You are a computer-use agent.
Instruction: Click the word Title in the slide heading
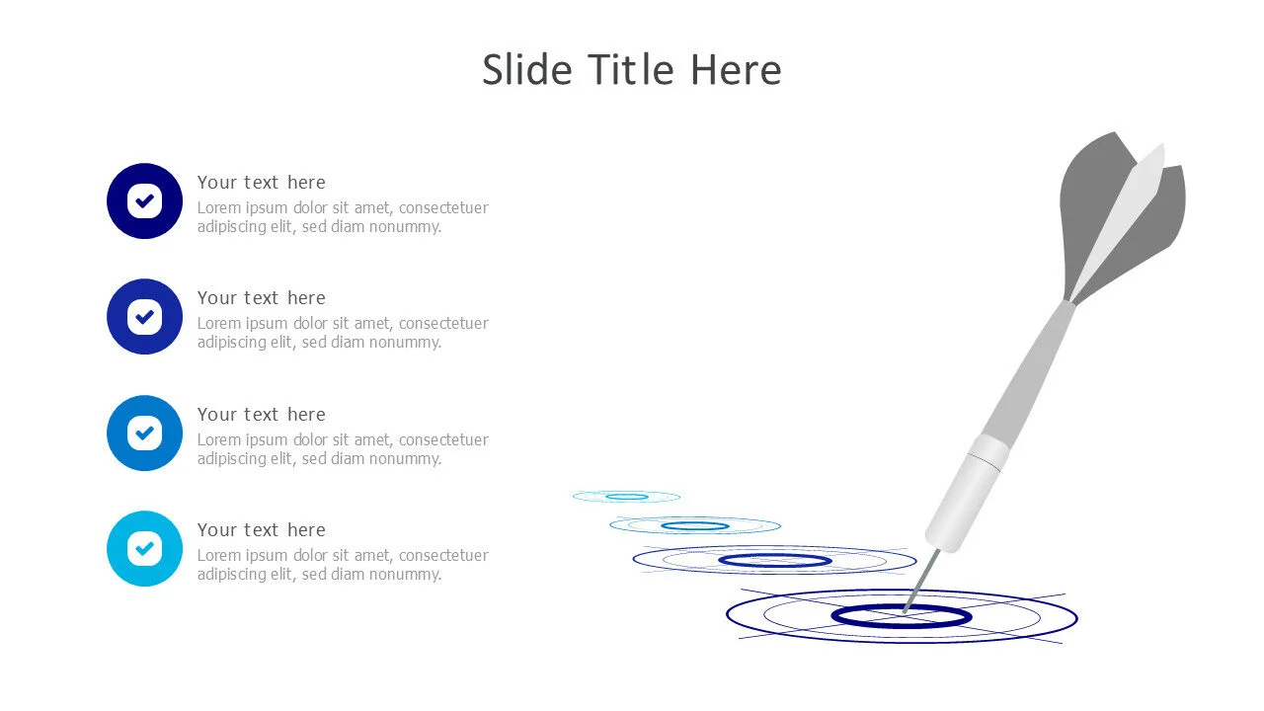[x=632, y=70]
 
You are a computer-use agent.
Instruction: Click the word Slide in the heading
[x=527, y=70]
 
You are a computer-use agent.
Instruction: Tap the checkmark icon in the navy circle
[x=144, y=200]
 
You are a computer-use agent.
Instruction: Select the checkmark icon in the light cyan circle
[x=144, y=548]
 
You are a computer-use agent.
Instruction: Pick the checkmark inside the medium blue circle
[x=144, y=433]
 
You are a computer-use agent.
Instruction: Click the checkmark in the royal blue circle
[x=144, y=317]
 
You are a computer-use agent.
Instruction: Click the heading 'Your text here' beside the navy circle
[x=262, y=183]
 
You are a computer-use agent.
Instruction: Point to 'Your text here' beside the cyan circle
[x=262, y=530]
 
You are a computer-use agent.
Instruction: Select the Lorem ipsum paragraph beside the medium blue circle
[x=343, y=449]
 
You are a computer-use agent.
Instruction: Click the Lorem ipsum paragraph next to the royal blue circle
[x=343, y=333]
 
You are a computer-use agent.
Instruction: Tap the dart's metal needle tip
[x=905, y=611]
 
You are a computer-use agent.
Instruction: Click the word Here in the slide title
[x=737, y=70]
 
